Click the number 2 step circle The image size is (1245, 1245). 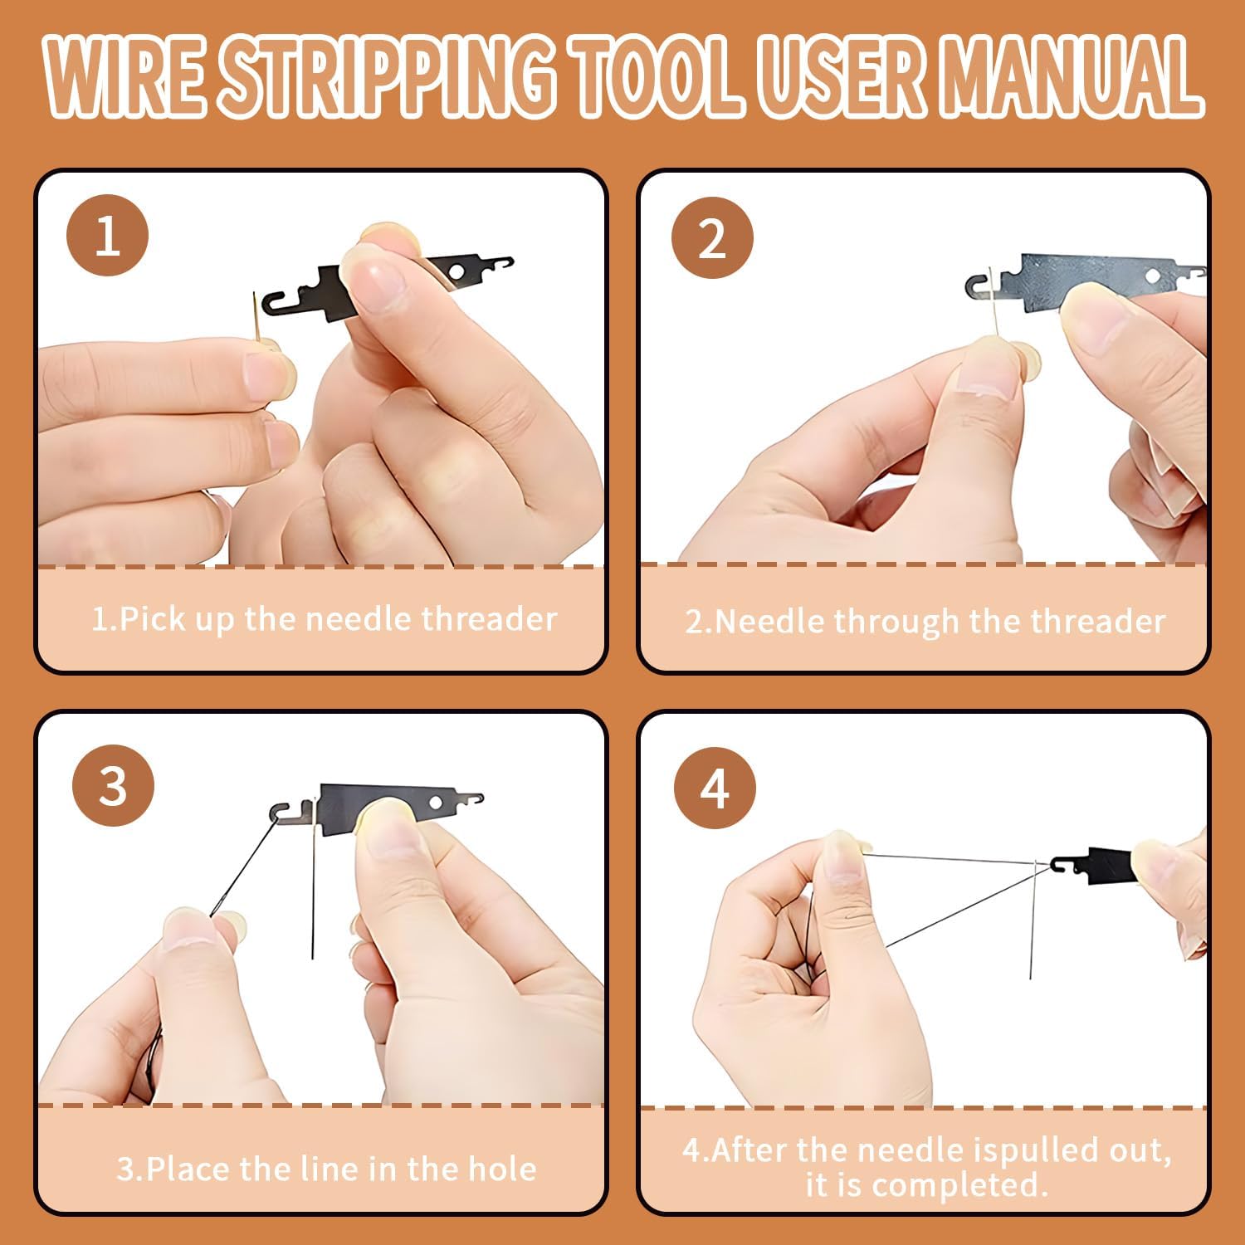[711, 238]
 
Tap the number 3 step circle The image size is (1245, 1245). [113, 785]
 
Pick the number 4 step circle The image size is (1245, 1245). [715, 788]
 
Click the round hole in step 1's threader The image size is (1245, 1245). [456, 270]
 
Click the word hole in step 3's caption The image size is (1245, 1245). [502, 1169]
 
